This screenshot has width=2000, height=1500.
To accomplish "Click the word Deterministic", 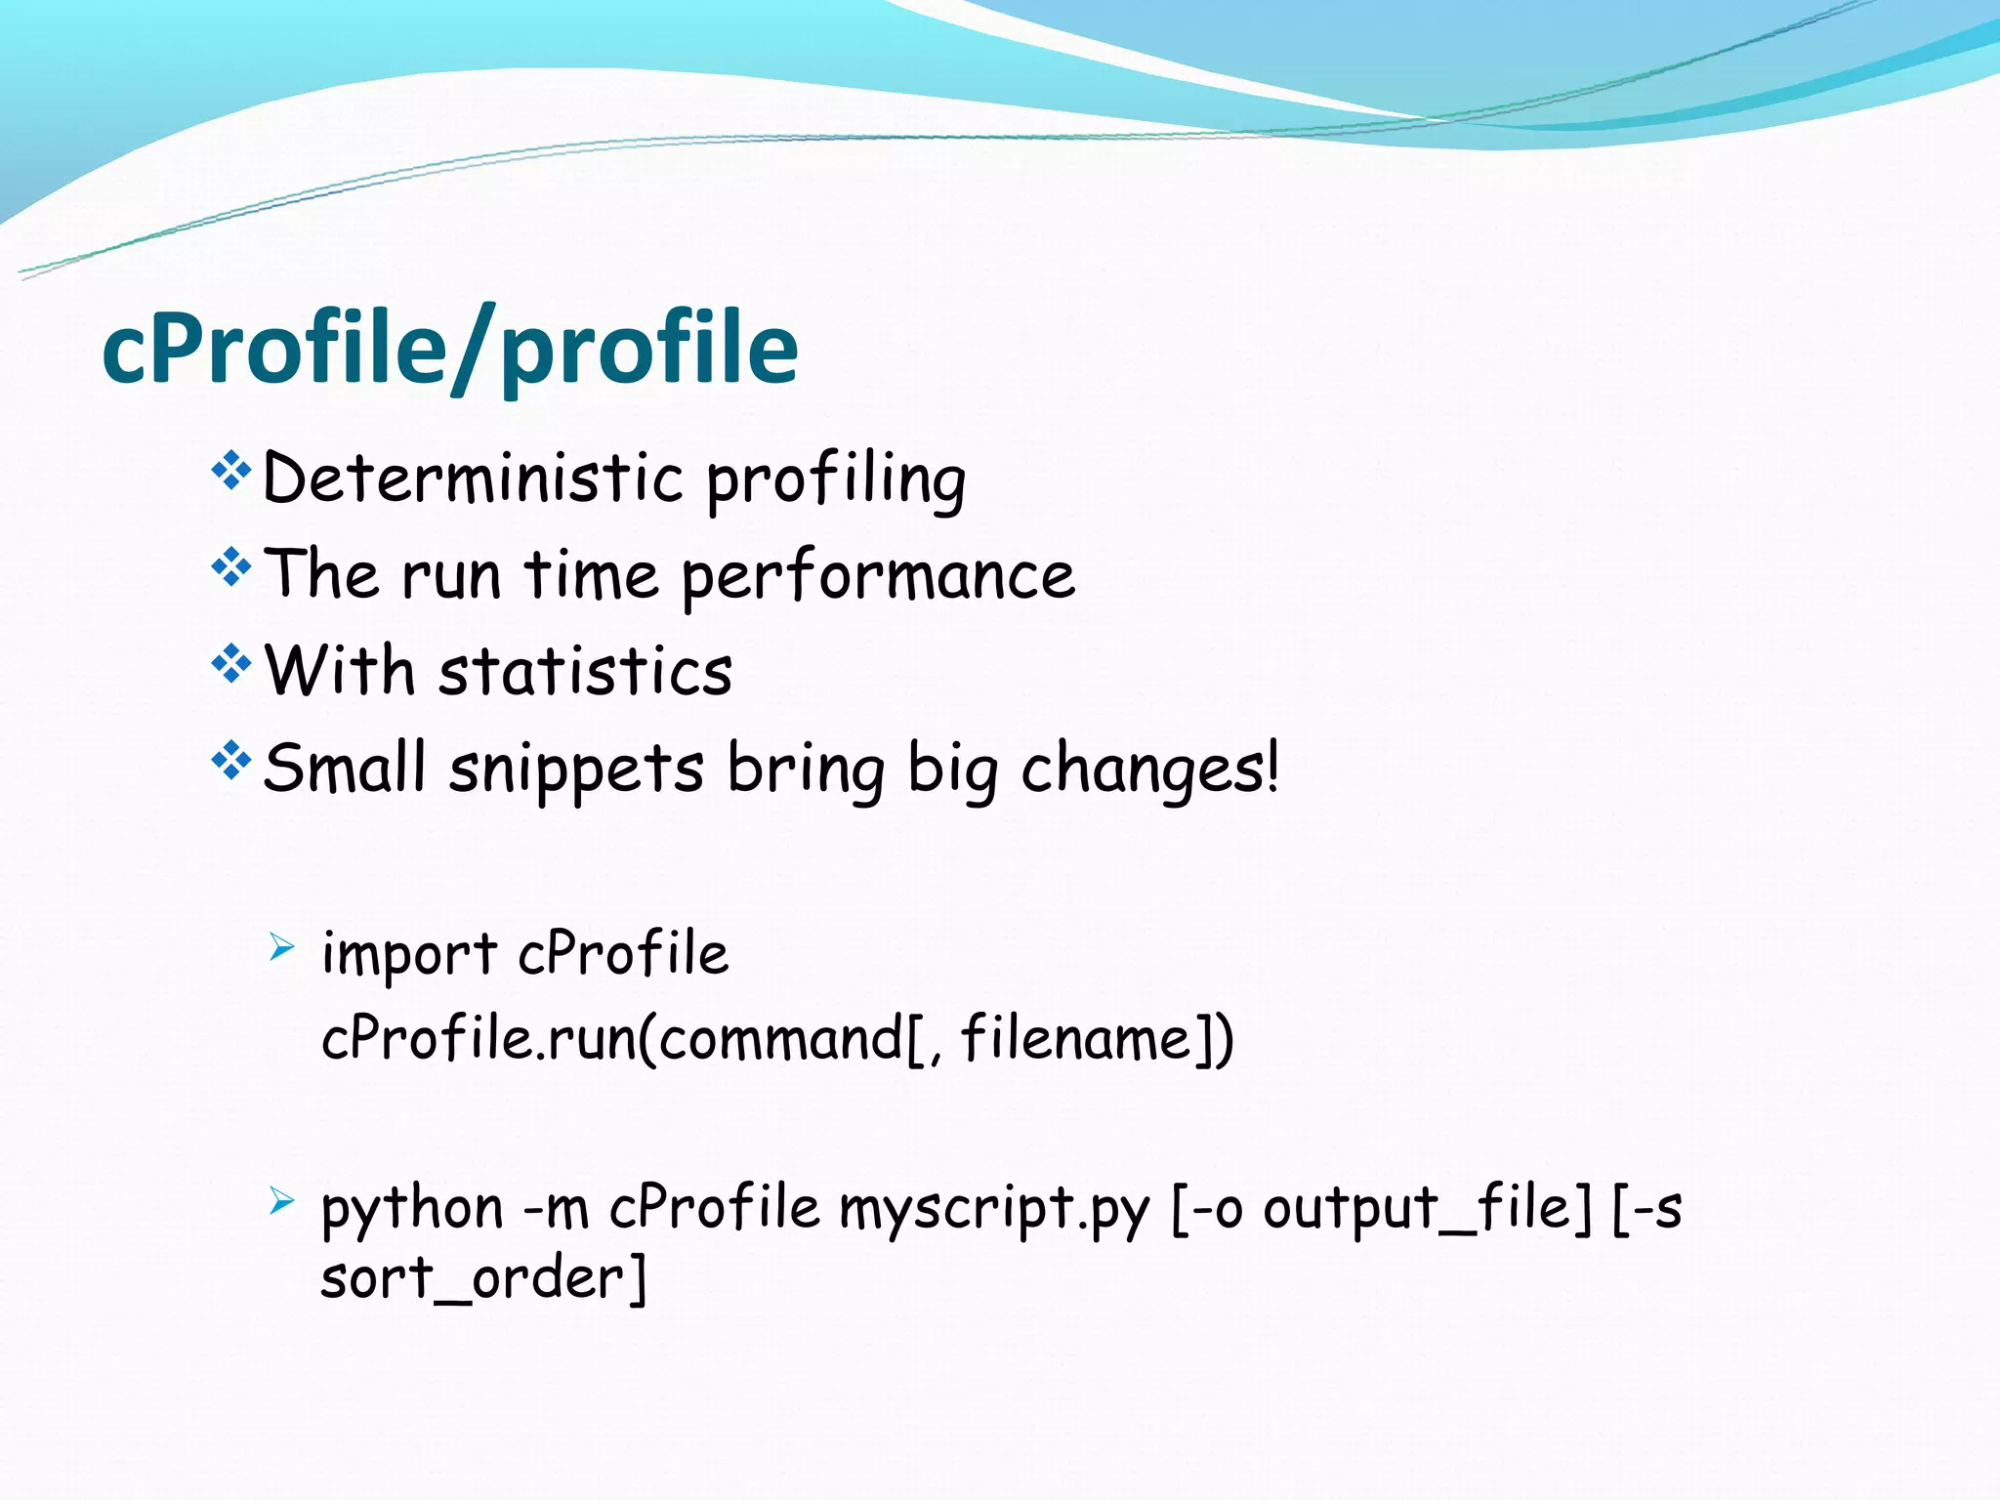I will [x=473, y=479].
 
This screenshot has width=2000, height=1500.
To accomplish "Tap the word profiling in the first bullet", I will [x=836, y=480].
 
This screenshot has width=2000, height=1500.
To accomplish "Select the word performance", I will [x=878, y=576].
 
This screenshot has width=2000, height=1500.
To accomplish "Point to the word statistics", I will [x=585, y=672].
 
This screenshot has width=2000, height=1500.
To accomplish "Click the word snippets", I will [x=576, y=769].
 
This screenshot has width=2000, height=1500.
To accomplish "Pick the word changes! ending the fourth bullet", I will [x=1149, y=769].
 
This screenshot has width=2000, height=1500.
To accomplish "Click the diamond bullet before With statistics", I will [x=231, y=664].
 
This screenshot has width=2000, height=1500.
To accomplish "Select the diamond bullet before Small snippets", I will [x=231, y=760].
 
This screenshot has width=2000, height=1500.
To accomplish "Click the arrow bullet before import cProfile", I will [x=281, y=945].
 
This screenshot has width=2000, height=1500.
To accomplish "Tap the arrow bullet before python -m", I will [x=281, y=1199].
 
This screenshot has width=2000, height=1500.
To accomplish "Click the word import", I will [x=409, y=954].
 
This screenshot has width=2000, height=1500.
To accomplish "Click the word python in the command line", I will [x=411, y=1210].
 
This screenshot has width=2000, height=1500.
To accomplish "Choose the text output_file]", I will [x=1427, y=1210].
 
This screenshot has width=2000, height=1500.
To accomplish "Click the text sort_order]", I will [x=483, y=1278].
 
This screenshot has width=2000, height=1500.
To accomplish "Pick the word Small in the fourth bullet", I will [x=345, y=768].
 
